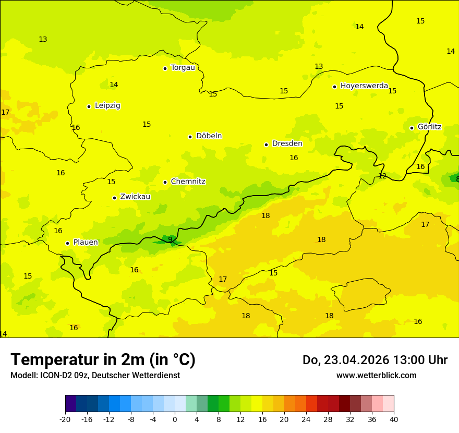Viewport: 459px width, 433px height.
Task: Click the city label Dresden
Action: (x=287, y=143)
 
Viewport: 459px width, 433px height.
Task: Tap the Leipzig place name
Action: (x=107, y=105)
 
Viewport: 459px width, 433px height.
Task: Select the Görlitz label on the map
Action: (x=429, y=127)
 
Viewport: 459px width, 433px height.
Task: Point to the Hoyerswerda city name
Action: (x=364, y=86)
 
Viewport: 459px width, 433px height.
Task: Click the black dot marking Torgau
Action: (x=165, y=68)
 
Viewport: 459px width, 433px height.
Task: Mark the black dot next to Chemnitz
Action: (x=165, y=182)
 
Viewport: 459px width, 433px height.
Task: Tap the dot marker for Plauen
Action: (x=67, y=243)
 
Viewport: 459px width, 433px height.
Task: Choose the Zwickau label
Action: (x=135, y=197)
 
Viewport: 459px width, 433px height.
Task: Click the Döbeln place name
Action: (x=209, y=136)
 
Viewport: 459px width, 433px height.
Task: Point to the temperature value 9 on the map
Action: (x=170, y=239)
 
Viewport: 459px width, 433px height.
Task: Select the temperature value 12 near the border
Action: (x=382, y=176)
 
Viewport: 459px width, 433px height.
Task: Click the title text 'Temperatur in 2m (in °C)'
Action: (x=103, y=359)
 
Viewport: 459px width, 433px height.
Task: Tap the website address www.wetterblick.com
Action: (x=376, y=375)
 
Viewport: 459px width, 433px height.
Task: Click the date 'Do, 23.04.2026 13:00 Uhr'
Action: (x=375, y=360)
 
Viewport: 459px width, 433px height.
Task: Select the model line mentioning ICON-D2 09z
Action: (x=95, y=375)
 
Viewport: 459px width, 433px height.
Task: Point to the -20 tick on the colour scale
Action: (x=65, y=419)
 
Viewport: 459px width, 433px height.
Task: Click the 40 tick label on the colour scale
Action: (x=393, y=419)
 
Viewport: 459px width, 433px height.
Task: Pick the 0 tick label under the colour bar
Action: (x=175, y=419)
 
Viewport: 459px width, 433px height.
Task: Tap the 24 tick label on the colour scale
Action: (x=306, y=419)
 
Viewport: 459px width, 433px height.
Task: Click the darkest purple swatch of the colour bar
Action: (x=70, y=404)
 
